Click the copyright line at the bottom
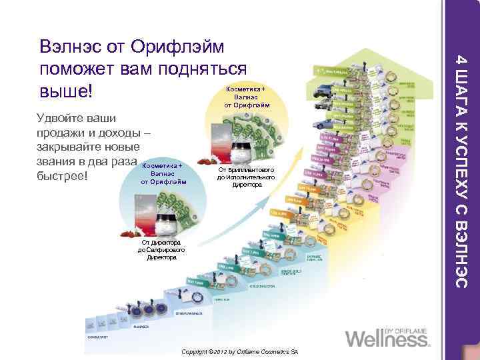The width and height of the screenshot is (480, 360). [x=239, y=351]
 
